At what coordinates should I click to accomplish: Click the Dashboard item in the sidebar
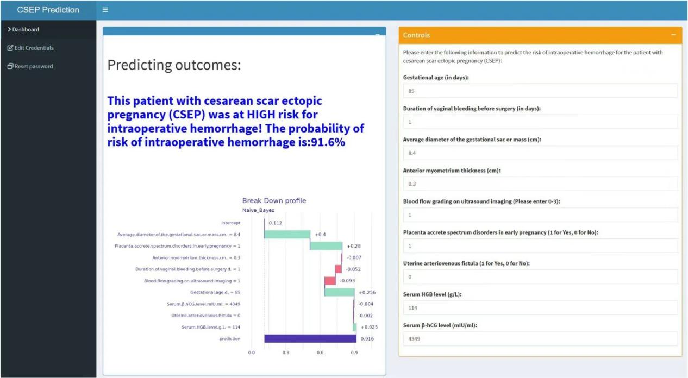[x=24, y=29]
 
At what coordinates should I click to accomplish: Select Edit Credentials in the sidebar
[x=30, y=48]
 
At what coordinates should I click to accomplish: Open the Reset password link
[x=30, y=66]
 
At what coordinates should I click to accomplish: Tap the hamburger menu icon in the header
[x=105, y=10]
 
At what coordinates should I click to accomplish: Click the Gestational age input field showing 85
[x=540, y=91]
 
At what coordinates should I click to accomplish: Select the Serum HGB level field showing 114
[x=540, y=308]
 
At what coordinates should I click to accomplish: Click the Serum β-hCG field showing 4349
[x=540, y=339]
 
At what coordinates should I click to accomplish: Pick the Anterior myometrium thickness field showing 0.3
[x=540, y=184]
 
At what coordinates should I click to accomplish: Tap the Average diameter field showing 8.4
[x=540, y=153]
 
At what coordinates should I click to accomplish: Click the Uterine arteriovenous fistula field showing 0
[x=540, y=276]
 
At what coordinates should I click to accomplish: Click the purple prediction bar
[x=310, y=338]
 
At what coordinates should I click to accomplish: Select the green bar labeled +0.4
[x=287, y=234]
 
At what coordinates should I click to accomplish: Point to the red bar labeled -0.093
[x=330, y=281]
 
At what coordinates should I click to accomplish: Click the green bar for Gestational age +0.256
[x=340, y=292]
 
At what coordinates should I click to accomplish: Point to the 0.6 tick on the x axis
[x=320, y=352]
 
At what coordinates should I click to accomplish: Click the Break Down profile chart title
[x=274, y=201]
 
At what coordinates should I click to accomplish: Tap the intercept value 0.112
[x=275, y=223]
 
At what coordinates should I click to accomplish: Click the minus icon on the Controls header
[x=673, y=35]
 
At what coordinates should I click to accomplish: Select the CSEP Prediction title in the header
[x=48, y=10]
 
